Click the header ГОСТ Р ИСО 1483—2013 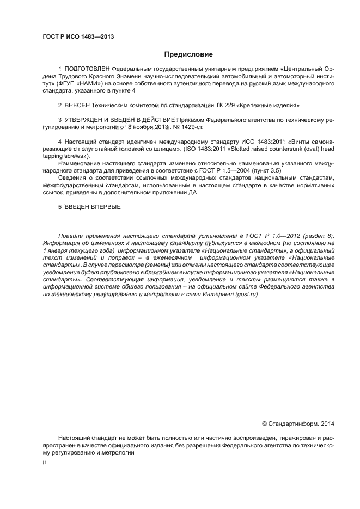78,37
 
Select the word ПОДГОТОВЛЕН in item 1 87,70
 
